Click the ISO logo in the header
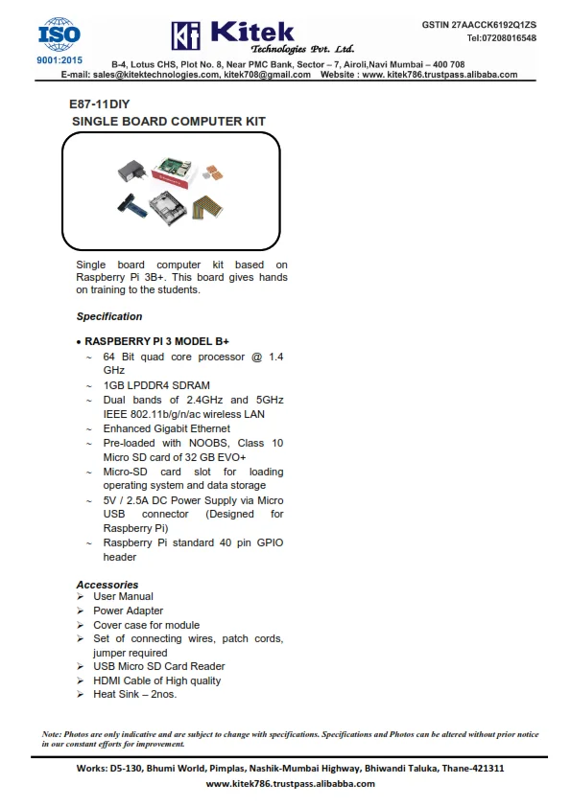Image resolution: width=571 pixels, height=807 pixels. [59, 35]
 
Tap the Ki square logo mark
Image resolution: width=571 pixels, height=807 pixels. [185, 36]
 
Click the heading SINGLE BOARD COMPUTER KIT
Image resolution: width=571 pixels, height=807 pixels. [169, 122]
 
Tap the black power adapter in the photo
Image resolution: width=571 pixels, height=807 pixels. [130, 173]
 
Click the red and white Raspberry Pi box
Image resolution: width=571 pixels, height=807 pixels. [176, 173]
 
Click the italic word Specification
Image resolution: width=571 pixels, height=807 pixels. [109, 316]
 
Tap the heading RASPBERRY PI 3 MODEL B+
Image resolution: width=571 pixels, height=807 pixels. [156, 340]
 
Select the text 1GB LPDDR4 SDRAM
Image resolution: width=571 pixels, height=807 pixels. [156, 385]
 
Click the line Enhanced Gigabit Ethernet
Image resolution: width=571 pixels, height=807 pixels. [167, 428]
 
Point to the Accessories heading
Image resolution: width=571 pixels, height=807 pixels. [107, 585]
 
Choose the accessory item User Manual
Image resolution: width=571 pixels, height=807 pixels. [123, 596]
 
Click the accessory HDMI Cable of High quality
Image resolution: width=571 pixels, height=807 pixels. [156, 680]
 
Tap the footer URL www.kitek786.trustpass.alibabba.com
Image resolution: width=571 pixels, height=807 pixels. [292, 784]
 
